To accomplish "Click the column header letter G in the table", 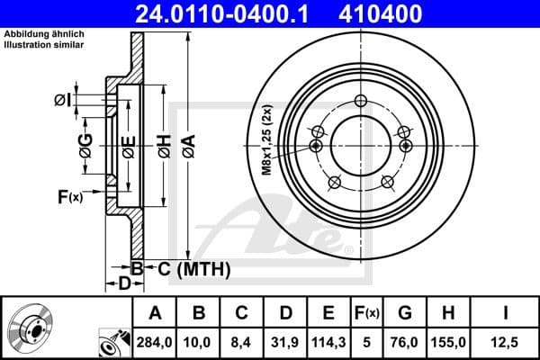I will [x=405, y=313].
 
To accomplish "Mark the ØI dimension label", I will [x=62, y=100].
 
